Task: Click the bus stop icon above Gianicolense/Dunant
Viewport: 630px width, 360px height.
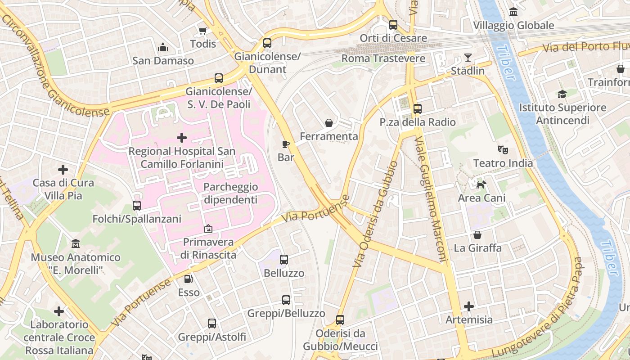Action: [267, 43]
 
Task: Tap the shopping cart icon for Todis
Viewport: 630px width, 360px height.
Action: [202, 31]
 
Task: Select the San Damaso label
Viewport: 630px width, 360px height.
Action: [163, 61]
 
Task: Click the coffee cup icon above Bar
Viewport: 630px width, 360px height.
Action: [285, 144]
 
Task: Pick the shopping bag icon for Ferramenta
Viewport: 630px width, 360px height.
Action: [329, 123]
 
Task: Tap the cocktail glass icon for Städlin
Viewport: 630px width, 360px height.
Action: [468, 58]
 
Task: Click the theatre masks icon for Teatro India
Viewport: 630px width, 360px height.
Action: [503, 149]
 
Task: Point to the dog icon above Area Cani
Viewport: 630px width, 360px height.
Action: [481, 184]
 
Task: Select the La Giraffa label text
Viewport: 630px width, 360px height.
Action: [477, 248]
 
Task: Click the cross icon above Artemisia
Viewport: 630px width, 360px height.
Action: [469, 306]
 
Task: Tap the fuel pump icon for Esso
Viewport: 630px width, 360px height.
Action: [189, 279]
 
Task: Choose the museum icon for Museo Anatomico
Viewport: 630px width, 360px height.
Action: [76, 244]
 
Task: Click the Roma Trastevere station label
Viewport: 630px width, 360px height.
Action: [383, 58]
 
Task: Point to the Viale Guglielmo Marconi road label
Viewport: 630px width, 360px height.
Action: [431, 199]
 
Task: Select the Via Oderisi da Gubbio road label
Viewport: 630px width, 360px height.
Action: [375, 214]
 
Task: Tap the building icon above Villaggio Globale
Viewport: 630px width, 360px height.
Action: [513, 12]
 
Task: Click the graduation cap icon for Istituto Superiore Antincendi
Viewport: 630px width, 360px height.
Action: [562, 94]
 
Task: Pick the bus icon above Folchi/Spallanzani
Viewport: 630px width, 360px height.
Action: [137, 206]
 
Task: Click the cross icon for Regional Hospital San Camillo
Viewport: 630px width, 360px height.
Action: [182, 137]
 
